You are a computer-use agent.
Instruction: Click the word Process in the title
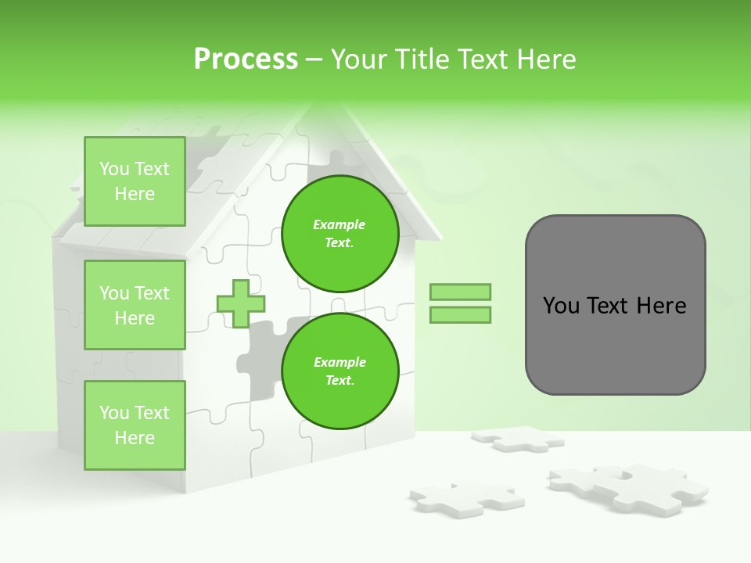(x=246, y=59)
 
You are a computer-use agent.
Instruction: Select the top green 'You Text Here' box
(x=135, y=181)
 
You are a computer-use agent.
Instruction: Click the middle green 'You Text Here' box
(x=135, y=305)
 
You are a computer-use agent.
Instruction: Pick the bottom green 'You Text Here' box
(x=135, y=425)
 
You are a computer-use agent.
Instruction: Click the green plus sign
(x=240, y=303)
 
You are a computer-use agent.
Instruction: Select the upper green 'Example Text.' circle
(x=340, y=233)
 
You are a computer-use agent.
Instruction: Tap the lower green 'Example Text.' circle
(x=340, y=371)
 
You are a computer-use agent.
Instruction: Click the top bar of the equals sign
(x=460, y=292)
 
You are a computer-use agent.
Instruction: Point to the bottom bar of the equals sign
(x=460, y=314)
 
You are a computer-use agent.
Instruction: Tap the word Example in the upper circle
(x=340, y=224)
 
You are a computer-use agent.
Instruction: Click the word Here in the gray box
(x=661, y=305)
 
